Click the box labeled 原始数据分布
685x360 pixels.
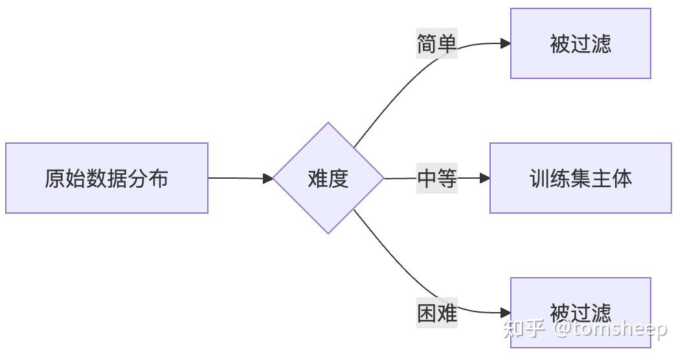(x=107, y=178)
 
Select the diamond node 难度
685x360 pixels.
(x=328, y=178)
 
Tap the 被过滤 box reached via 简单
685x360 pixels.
(x=580, y=43)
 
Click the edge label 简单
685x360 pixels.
(x=437, y=44)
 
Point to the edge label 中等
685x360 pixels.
(x=437, y=178)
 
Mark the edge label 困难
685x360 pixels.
(x=437, y=313)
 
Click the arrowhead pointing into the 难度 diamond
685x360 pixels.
(x=268, y=178)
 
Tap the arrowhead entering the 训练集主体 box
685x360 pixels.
(x=484, y=178)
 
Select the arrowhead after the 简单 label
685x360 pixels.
(x=505, y=44)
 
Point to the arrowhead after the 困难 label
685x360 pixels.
(x=505, y=313)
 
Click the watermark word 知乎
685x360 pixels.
(x=523, y=329)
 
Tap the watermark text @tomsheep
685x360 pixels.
(x=610, y=329)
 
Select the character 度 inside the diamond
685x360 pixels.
(x=339, y=178)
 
